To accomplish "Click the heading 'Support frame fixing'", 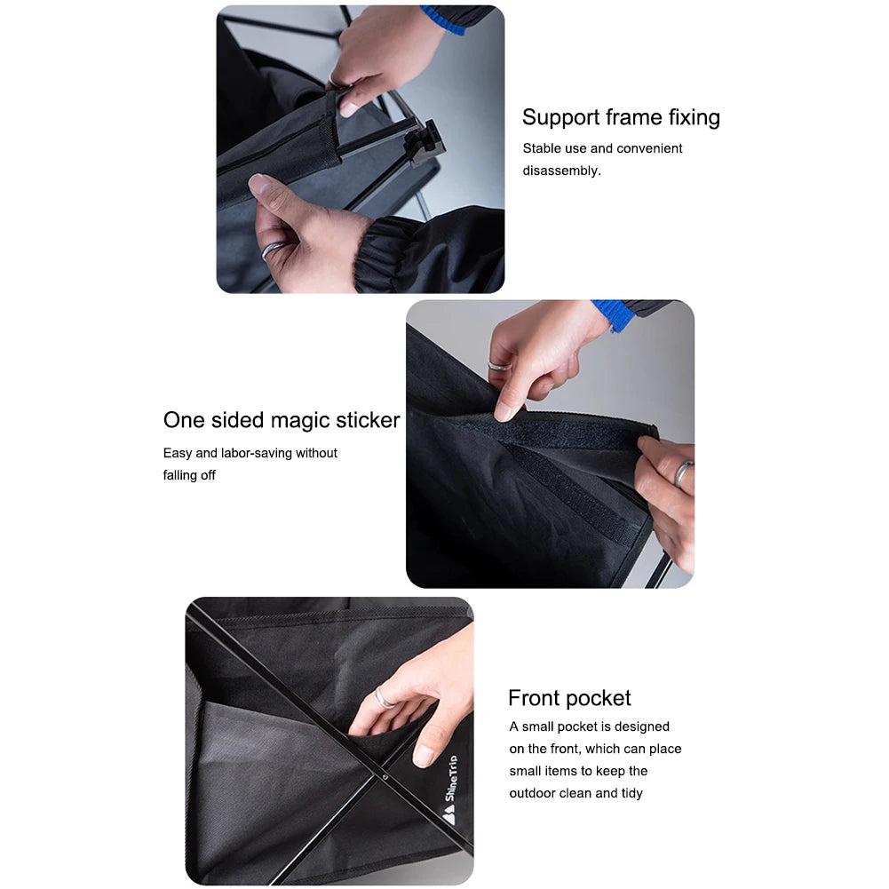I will (621, 117).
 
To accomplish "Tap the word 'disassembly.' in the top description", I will (561, 171).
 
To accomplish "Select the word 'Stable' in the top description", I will (542, 148).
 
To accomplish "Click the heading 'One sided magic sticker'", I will (282, 420).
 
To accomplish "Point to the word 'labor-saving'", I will (254, 453).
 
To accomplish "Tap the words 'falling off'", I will (189, 475).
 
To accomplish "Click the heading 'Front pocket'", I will (569, 698).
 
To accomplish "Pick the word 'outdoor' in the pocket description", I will (532, 793).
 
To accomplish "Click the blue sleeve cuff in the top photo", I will (444, 19).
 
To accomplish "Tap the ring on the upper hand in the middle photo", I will (499, 365).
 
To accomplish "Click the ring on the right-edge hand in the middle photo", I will (682, 472).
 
